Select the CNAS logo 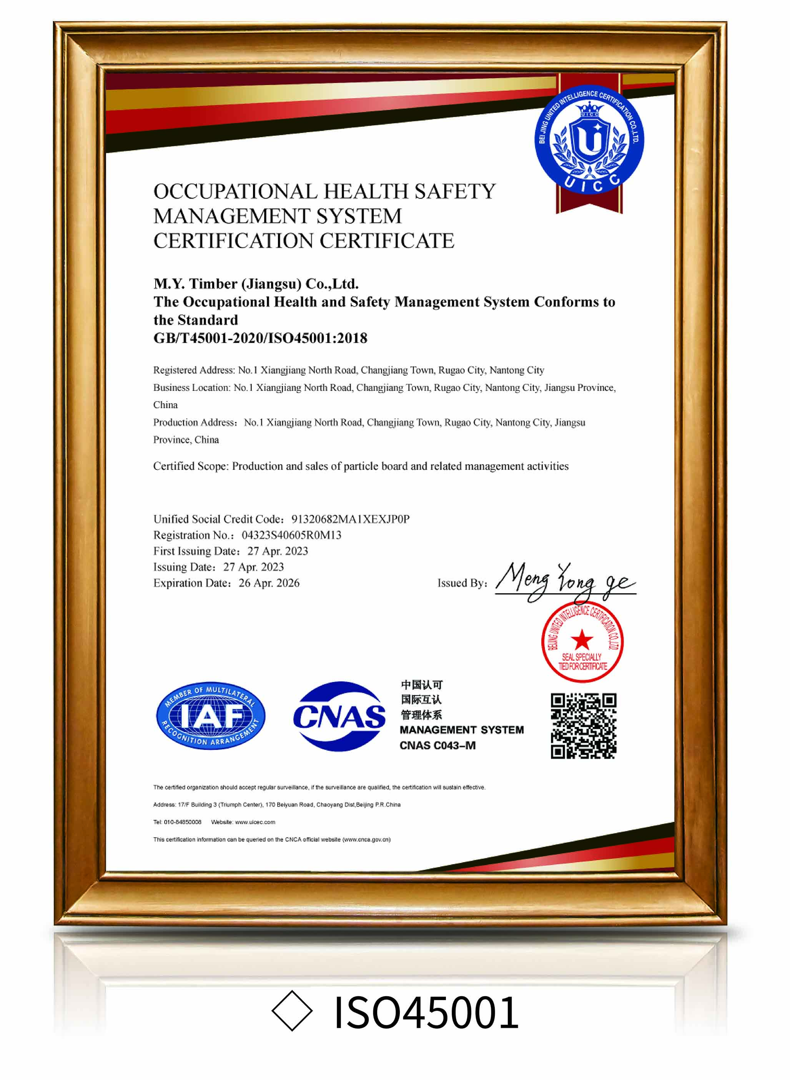point(339,715)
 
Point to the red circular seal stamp point(582,641)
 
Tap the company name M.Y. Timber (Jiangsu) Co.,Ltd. point(256,284)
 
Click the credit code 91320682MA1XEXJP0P point(350,519)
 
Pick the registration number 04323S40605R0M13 point(291,535)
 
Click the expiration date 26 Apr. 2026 point(269,583)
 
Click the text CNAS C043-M point(437,745)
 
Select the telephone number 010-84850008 point(182,822)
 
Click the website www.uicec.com point(255,822)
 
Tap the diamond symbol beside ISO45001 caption point(292,1011)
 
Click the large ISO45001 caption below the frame point(426,1012)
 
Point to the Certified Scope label point(191,466)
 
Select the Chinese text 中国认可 point(421,685)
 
